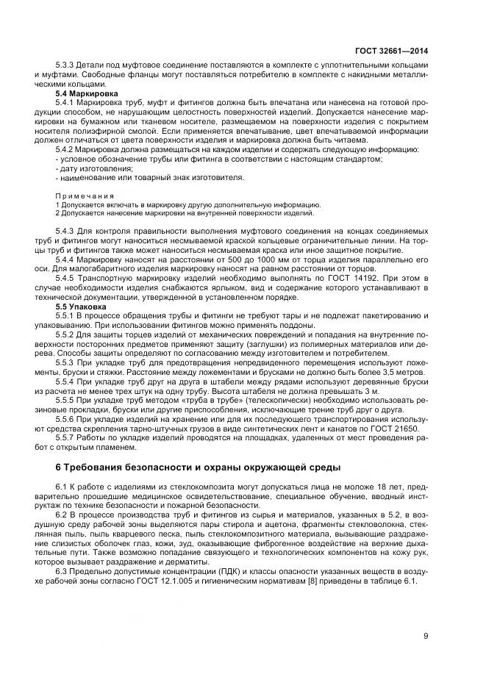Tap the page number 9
coord(425,637)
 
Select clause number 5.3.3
coord(66,65)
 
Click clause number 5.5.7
coord(66,437)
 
